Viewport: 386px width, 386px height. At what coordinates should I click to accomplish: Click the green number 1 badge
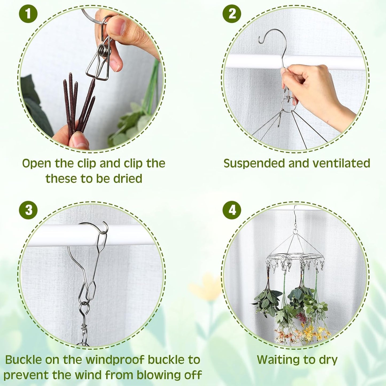click(28, 14)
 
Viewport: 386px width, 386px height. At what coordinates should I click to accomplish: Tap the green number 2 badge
click(232, 14)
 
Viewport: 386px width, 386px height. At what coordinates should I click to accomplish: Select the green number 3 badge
click(28, 210)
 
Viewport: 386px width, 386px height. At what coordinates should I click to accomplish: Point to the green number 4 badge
click(232, 210)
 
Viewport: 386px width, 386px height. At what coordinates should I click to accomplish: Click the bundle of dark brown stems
click(77, 104)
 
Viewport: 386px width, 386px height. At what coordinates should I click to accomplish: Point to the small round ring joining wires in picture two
click(288, 108)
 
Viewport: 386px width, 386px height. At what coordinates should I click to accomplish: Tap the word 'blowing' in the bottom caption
click(159, 375)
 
